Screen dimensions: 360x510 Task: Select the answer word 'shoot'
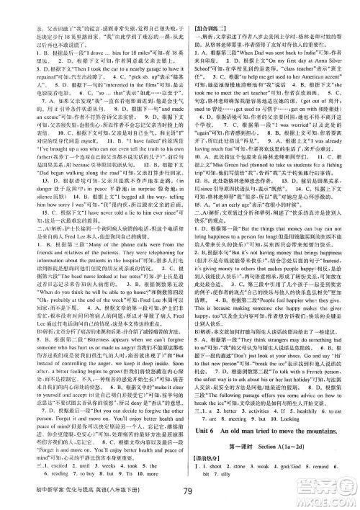225,450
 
